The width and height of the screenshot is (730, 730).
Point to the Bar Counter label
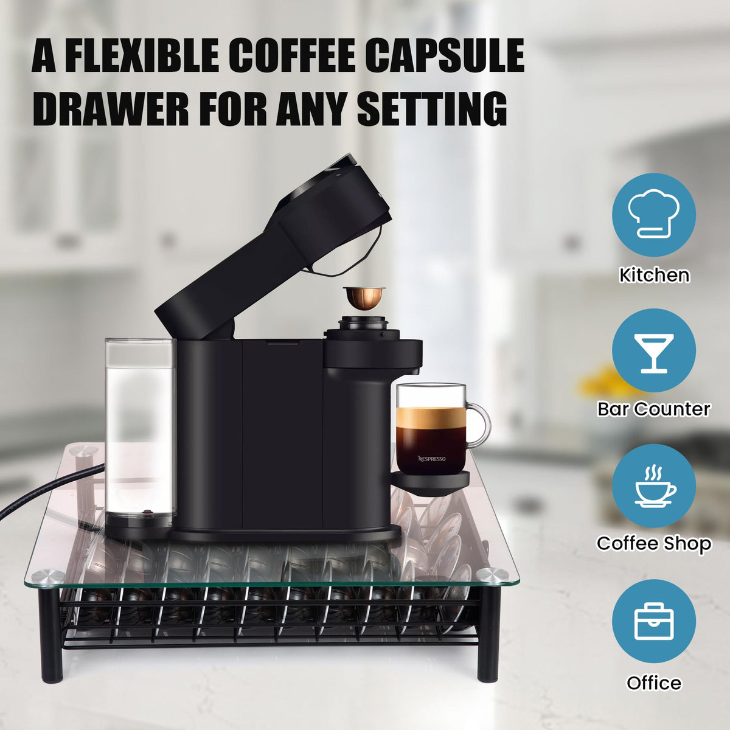point(654,409)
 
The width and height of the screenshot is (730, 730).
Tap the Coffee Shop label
point(654,543)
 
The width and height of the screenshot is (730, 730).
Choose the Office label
point(654,683)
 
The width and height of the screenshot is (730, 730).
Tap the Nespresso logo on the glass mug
point(432,459)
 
